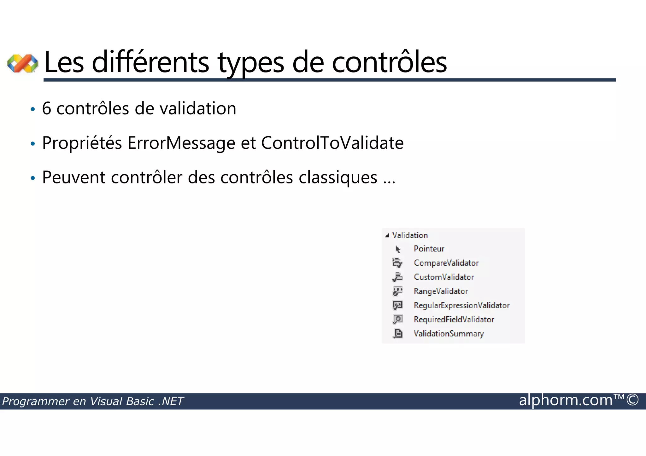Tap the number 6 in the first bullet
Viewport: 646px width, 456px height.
coord(46,109)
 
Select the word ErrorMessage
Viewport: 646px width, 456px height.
coord(181,143)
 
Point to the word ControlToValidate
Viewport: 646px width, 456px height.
coord(332,143)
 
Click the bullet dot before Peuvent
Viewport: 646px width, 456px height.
coord(32,178)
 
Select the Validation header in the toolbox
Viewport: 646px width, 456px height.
coord(410,235)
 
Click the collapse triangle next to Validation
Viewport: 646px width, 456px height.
coord(387,236)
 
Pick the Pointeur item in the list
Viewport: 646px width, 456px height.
coord(429,249)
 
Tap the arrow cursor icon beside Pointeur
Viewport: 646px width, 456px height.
coord(398,249)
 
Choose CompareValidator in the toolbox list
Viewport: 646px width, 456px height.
coord(446,263)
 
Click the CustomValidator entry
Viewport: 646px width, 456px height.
coord(444,277)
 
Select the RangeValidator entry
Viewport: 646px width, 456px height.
coord(441,291)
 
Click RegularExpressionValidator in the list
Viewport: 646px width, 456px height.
coord(461,305)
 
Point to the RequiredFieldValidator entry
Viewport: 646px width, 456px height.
coord(454,320)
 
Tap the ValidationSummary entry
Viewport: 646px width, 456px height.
coord(449,334)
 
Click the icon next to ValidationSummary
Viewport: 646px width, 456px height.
coord(398,333)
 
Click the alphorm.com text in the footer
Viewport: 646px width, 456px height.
coord(566,401)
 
